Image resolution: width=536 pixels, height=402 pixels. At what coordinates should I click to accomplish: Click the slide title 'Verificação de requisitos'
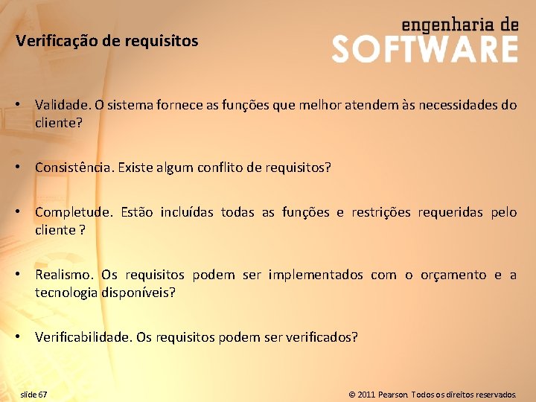pyautogui.click(x=107, y=41)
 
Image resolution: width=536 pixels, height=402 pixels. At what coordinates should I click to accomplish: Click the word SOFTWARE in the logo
pyautogui.click(x=424, y=49)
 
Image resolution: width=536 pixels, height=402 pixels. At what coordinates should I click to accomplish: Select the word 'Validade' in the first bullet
pyautogui.click(x=59, y=105)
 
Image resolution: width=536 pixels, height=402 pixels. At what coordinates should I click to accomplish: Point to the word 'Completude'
pyautogui.click(x=73, y=212)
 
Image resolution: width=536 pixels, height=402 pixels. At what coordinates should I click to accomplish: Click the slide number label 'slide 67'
pyautogui.click(x=33, y=394)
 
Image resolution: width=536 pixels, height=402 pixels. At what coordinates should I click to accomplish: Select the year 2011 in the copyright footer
pyautogui.click(x=366, y=394)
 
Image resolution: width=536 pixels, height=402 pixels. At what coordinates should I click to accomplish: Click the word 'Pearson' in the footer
pyautogui.click(x=393, y=394)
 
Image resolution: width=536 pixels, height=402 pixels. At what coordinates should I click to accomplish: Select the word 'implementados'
pyautogui.click(x=316, y=275)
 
